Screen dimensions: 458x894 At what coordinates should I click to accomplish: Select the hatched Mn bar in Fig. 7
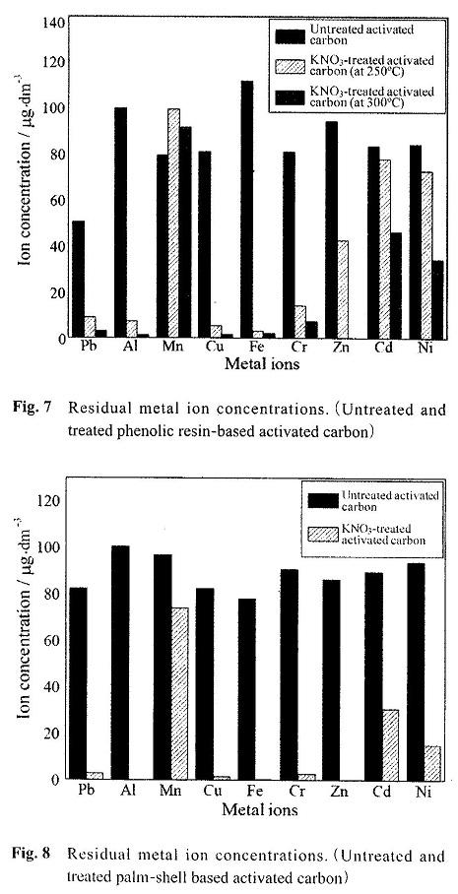pyautogui.click(x=173, y=223)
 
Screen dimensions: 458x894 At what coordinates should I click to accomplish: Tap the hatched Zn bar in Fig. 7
pyautogui.click(x=342, y=289)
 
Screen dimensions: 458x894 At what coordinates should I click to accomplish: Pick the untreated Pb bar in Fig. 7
pyautogui.click(x=78, y=280)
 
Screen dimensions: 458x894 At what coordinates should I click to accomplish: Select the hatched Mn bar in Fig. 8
pyautogui.click(x=179, y=693)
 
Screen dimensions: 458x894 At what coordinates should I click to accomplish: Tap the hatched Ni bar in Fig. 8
pyautogui.click(x=432, y=763)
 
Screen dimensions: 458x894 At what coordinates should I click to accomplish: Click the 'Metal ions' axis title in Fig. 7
pyautogui.click(x=262, y=363)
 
